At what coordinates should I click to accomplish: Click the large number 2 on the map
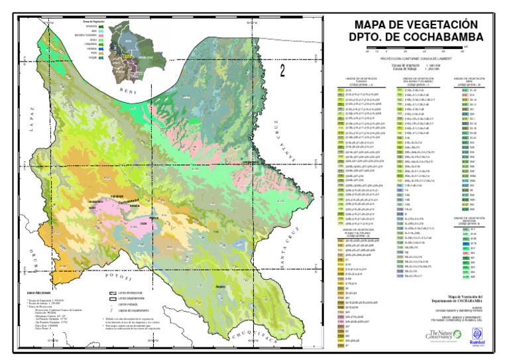coord(283,70)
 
